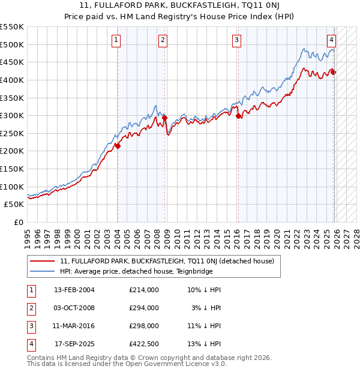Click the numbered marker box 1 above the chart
coord(116,40)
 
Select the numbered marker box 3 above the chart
coord(237,40)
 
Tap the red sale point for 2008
coord(165,118)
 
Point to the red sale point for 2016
coord(238,116)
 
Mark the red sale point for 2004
coord(118,146)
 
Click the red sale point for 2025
coord(333,73)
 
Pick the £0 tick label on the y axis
coord(19,222)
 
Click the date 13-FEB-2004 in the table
coord(74,290)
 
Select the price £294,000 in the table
coord(144,308)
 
